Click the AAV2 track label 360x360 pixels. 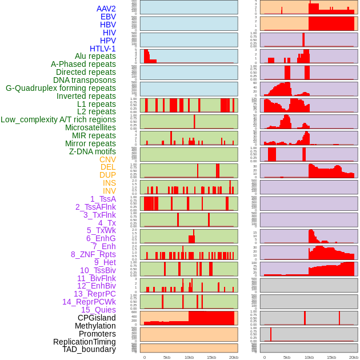[x=106, y=9]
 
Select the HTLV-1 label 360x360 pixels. [x=103, y=49]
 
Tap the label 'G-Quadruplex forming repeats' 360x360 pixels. [x=61, y=88]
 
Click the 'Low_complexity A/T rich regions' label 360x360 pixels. [x=58, y=119]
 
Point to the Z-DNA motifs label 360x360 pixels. [x=93, y=151]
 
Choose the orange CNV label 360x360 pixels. [x=107, y=159]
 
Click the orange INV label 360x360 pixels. [x=109, y=191]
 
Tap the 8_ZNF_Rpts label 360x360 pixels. [x=93, y=254]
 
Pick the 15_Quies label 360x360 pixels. [x=98, y=310]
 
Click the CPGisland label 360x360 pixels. [x=97, y=318]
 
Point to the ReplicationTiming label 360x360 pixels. [x=85, y=342]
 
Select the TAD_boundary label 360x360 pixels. [x=89, y=349]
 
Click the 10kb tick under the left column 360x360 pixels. [x=189, y=357]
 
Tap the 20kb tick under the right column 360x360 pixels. [x=354, y=357]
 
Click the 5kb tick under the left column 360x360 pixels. [x=167, y=357]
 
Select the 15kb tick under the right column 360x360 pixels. [x=331, y=357]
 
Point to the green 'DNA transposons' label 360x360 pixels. [x=85, y=80]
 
